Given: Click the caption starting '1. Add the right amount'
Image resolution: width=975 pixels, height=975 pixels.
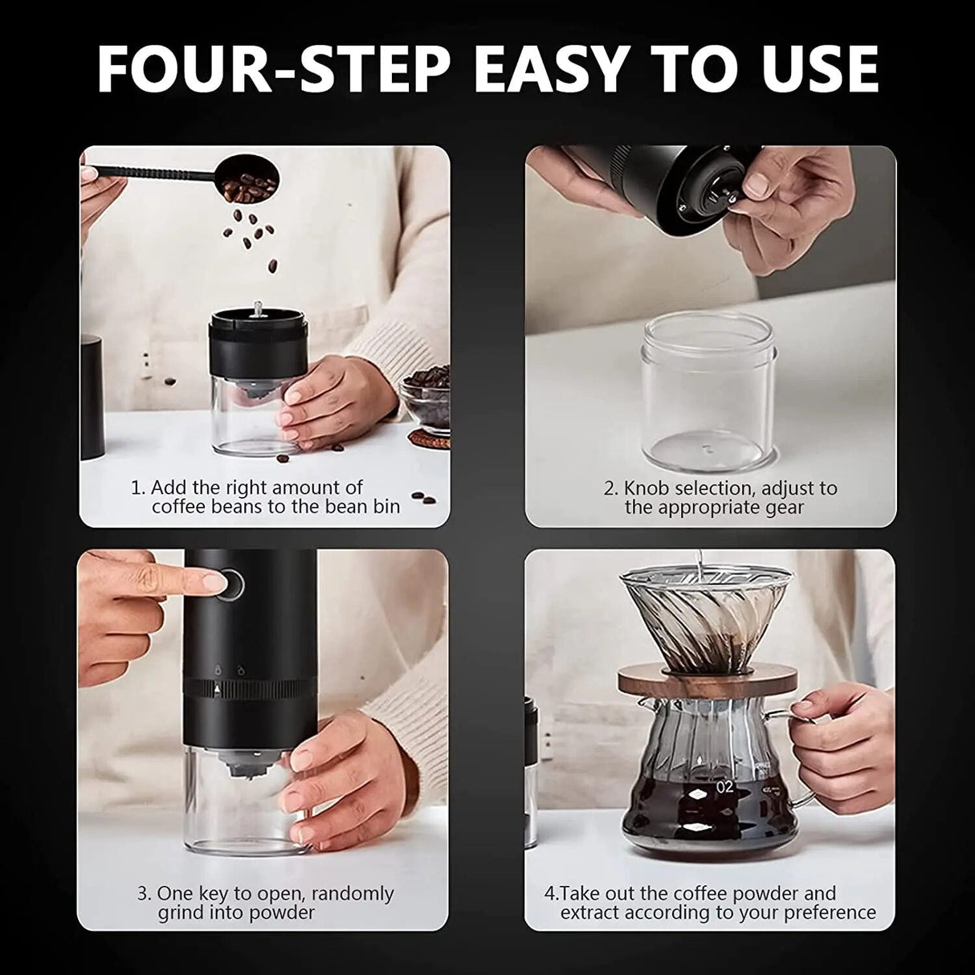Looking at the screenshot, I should (x=265, y=496).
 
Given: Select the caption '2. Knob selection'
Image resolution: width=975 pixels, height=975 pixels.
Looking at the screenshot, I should (x=715, y=497).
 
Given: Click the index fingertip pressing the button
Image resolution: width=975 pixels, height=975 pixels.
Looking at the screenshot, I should (x=210, y=579).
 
